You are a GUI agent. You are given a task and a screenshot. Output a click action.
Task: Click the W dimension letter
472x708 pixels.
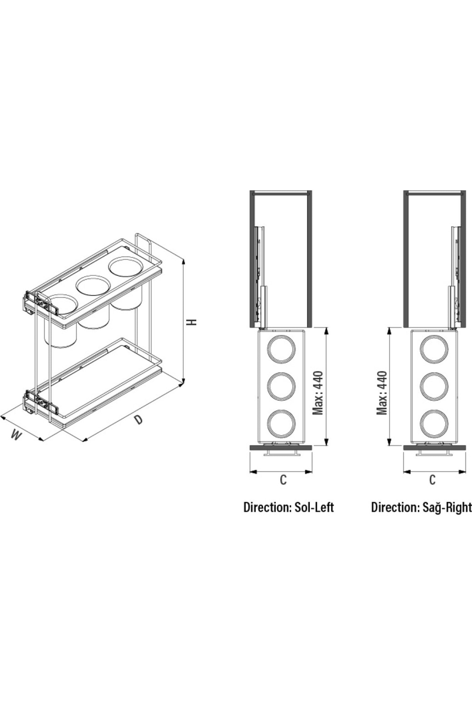point(16,435)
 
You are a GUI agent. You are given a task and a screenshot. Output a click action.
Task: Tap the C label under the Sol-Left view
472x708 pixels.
point(283,480)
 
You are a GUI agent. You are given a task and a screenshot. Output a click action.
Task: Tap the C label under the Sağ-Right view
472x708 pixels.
point(432,480)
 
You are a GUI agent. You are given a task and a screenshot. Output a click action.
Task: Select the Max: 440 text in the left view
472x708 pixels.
point(318,393)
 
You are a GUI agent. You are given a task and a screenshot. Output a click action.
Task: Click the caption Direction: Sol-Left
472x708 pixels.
point(289,507)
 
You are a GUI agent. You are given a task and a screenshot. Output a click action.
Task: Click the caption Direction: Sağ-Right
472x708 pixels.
point(421,507)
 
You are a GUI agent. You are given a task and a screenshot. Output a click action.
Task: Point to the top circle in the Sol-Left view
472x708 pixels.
point(281,350)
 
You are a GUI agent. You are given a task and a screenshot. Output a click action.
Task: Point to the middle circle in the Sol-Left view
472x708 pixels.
point(281,387)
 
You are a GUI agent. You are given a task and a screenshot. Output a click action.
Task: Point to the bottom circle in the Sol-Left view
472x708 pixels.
point(281,424)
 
